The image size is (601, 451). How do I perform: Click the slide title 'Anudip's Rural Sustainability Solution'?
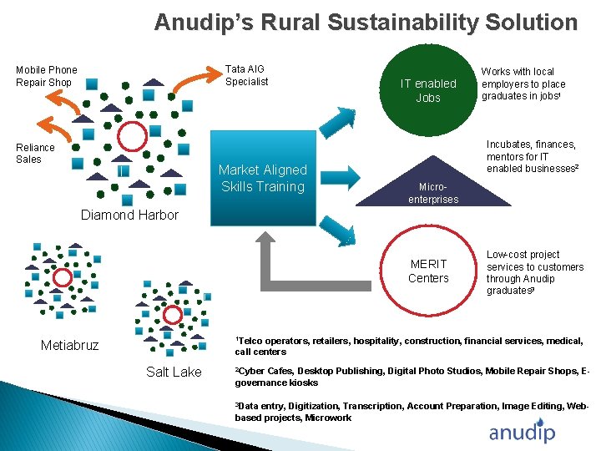(366, 22)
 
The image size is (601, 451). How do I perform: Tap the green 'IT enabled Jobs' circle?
(428, 90)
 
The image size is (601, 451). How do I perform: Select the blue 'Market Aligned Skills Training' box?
(263, 178)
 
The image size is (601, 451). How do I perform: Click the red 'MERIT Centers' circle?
(428, 271)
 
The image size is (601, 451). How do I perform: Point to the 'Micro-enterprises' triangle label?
(433, 194)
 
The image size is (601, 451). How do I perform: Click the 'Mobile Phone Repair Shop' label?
(47, 76)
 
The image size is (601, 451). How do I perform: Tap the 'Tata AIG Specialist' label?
(247, 75)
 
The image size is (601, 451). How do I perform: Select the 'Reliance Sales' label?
(35, 154)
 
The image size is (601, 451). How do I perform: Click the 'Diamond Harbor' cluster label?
(129, 215)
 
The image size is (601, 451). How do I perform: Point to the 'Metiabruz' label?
(70, 345)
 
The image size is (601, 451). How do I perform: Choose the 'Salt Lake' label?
(174, 372)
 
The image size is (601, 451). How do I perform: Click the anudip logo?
(522, 432)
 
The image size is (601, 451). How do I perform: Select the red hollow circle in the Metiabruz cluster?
(63, 277)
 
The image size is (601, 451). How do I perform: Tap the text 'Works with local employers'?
(523, 78)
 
